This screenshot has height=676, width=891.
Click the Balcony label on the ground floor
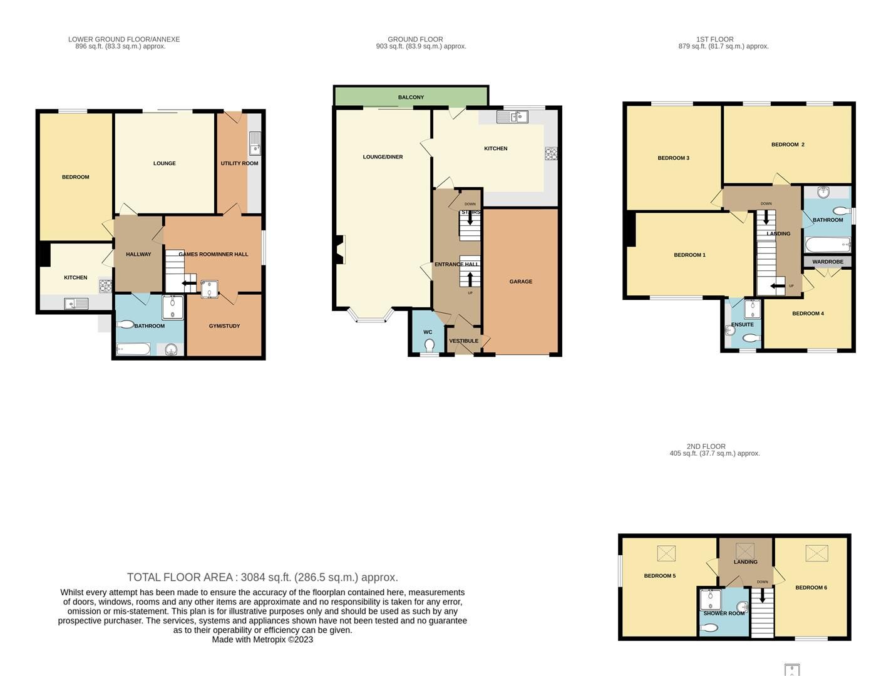tap(411, 97)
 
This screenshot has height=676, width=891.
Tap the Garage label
tap(520, 282)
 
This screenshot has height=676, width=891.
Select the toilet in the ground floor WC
tap(430, 345)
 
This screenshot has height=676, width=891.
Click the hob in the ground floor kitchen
tap(551, 153)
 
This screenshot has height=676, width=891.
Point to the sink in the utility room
tap(255, 144)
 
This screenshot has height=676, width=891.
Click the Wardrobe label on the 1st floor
tap(827, 262)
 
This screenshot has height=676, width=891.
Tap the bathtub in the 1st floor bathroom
tap(827, 243)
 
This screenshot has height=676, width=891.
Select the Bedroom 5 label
tap(659, 576)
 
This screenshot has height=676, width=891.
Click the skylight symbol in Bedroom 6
tap(816, 553)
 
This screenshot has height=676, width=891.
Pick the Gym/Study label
tap(224, 326)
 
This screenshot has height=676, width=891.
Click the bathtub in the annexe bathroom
tap(133, 349)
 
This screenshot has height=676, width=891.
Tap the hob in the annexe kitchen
tap(105, 286)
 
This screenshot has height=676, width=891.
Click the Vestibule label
tap(463, 341)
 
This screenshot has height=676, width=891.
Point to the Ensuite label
tap(742, 325)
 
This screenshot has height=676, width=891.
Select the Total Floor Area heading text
tap(262, 577)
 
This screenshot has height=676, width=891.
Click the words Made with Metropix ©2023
tap(262, 640)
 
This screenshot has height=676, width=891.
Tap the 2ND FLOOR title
tap(706, 446)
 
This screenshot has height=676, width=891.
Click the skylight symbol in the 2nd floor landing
tap(744, 551)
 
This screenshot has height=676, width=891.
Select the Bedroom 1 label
tap(689, 255)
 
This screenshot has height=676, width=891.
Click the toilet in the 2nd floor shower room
tap(708, 628)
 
